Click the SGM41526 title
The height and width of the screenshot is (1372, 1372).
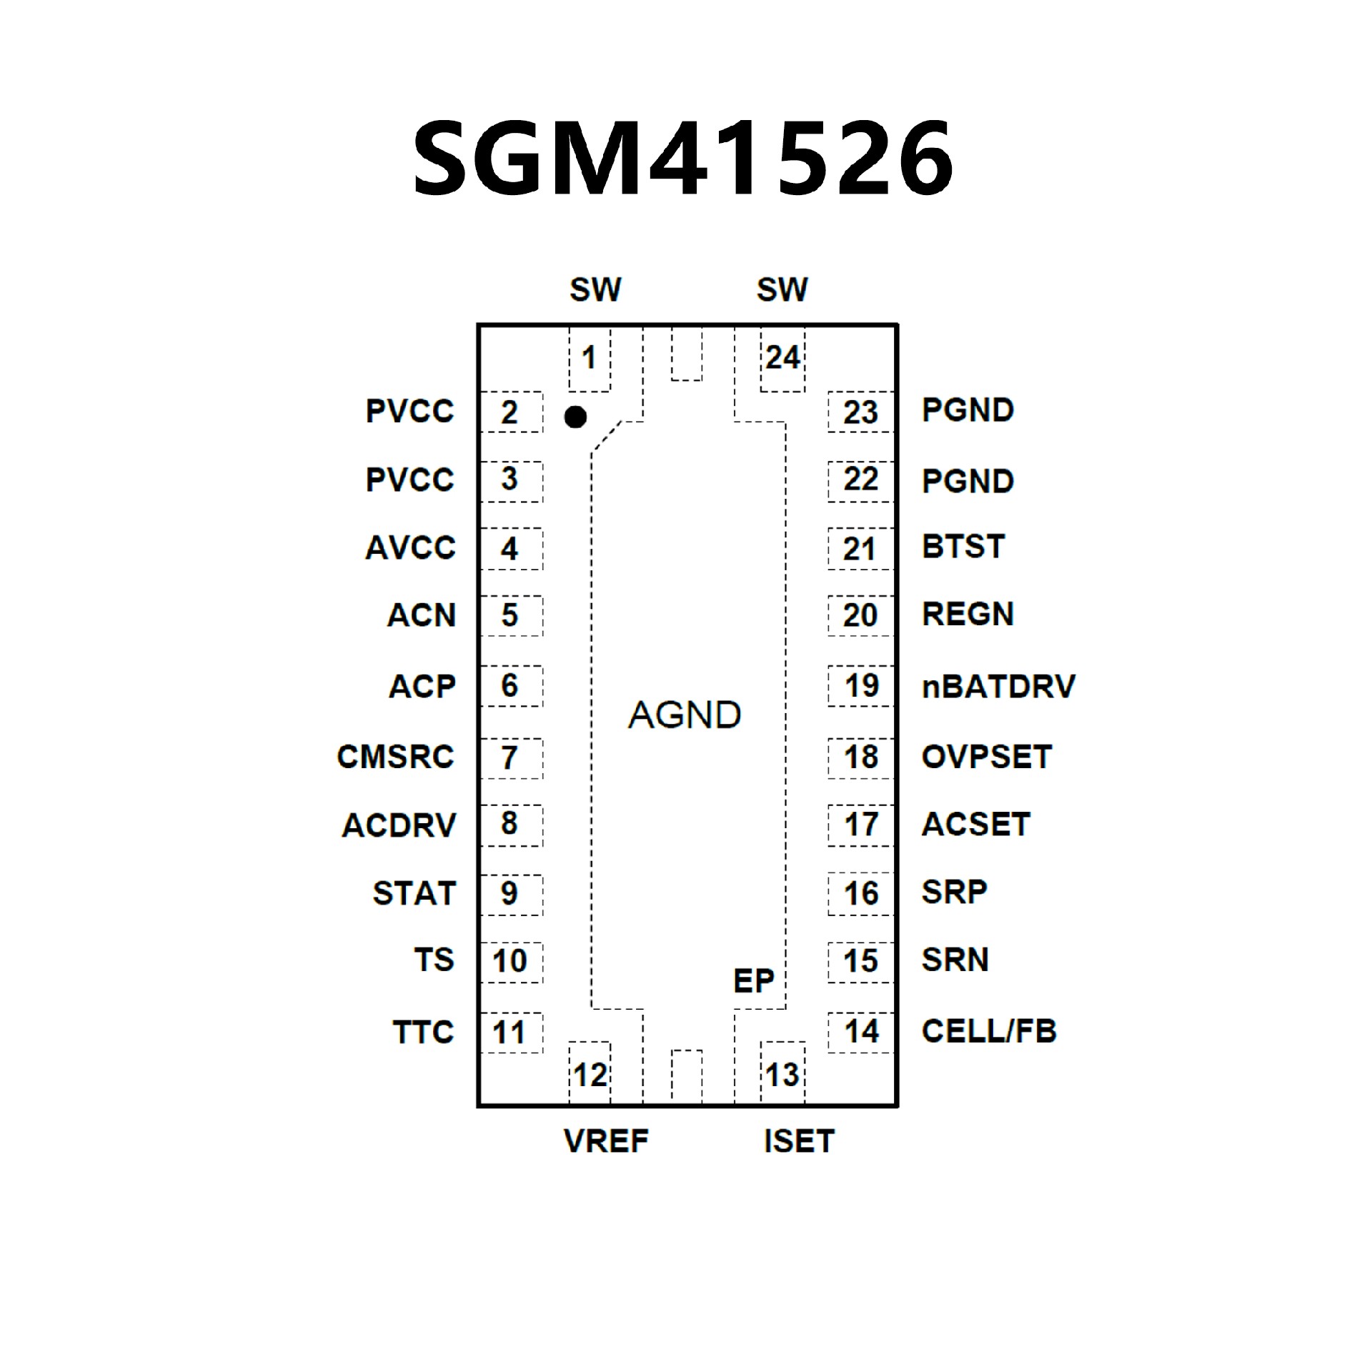pyautogui.click(x=683, y=158)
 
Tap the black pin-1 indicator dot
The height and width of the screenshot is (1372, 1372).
pyautogui.click(x=575, y=417)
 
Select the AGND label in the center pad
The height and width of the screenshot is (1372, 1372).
pyautogui.click(x=685, y=715)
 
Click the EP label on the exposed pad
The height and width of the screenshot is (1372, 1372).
pyautogui.click(x=753, y=981)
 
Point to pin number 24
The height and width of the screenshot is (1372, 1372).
pyautogui.click(x=782, y=357)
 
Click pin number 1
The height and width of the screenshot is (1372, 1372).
pyautogui.click(x=589, y=357)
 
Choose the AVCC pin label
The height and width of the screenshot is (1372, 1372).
pyautogui.click(x=410, y=548)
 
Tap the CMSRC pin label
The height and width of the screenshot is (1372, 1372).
pyautogui.click(x=395, y=757)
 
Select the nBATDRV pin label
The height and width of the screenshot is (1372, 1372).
pyautogui.click(x=998, y=686)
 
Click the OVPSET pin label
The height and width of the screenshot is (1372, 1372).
pyautogui.click(x=986, y=757)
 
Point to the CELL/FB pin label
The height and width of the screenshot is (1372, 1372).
pyautogui.click(x=988, y=1031)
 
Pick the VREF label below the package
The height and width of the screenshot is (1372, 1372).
pyautogui.click(x=606, y=1141)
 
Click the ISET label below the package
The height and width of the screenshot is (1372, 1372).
pyautogui.click(x=799, y=1141)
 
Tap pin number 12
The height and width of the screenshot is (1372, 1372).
pyautogui.click(x=590, y=1075)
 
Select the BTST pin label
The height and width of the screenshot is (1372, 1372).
pyautogui.click(x=963, y=547)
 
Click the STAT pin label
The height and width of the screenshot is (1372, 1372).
pyautogui.click(x=414, y=893)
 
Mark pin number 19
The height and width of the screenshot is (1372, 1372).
pyautogui.click(x=861, y=686)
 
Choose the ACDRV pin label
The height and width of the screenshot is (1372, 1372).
pyautogui.click(x=399, y=825)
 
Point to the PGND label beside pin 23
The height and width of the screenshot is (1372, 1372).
pyautogui.click(x=968, y=410)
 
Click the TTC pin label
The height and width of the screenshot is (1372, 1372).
pyautogui.click(x=423, y=1032)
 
